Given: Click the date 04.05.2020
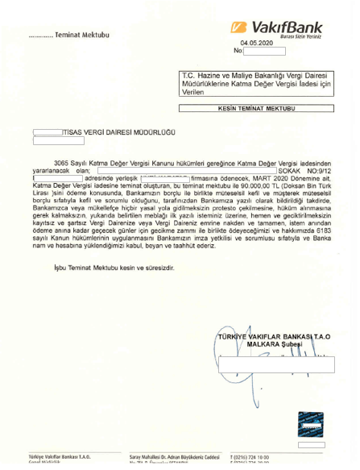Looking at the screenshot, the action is click(257, 44).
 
